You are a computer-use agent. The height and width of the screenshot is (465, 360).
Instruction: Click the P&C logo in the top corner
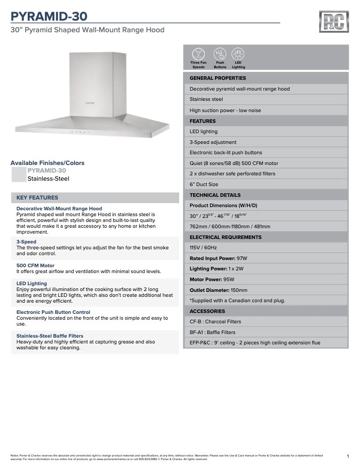334,22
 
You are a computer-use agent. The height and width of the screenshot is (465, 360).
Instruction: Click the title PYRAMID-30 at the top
49,16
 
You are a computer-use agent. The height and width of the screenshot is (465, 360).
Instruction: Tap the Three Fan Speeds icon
198,54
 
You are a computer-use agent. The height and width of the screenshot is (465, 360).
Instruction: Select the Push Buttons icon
220,54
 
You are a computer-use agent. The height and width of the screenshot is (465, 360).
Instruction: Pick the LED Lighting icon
238,54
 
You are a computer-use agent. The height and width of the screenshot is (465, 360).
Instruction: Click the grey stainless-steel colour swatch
19,174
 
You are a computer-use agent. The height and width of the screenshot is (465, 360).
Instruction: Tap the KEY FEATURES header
37,198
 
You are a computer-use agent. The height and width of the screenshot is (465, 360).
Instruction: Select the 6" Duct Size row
265,184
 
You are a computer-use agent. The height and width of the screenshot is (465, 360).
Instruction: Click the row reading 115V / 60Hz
265,248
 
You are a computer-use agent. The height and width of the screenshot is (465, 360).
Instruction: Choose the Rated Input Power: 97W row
265,258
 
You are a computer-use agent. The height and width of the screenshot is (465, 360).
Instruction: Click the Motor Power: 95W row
265,279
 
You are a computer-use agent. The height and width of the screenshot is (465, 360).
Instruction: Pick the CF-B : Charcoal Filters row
265,322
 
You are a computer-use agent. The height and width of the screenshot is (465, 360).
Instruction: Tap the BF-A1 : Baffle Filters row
265,332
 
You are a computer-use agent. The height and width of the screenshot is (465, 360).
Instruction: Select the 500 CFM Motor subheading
35,265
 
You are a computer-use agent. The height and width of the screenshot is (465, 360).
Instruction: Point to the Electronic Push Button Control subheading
53,312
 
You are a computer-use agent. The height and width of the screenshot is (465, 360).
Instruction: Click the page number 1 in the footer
348,456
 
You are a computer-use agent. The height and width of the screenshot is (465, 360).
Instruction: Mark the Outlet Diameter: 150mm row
265,290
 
